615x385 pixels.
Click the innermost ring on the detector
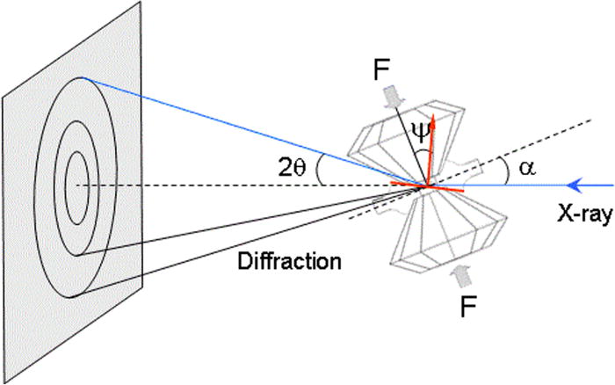pos(77,184)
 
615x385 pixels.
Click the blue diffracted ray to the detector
pos(246,132)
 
